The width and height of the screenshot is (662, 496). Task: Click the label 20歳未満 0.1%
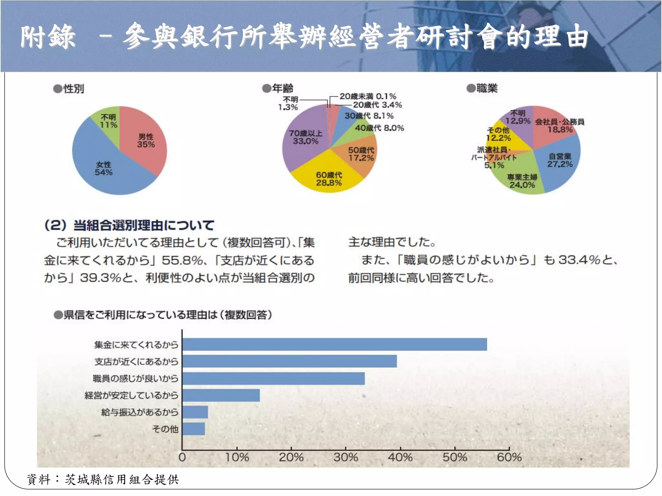pos(368,96)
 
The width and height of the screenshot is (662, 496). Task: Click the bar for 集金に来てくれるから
pos(334,345)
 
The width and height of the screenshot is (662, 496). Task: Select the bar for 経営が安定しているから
pos(221,395)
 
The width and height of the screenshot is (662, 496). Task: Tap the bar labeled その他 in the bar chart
pos(193,429)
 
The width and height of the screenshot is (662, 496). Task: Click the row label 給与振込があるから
pos(139,412)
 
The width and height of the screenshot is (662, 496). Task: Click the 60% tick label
pos(509,457)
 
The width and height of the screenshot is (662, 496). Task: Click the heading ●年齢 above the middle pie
pos(278,88)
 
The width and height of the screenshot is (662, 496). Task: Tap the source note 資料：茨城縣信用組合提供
pos(103,480)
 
